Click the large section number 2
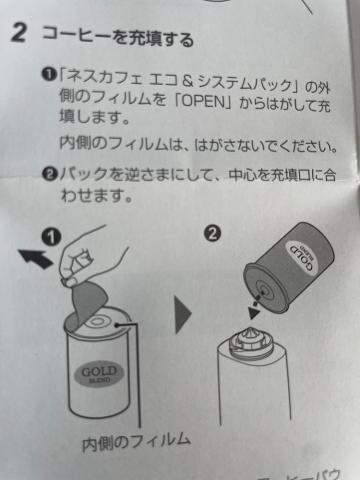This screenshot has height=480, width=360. tap(19, 33)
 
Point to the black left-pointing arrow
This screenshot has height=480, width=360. tap(35, 259)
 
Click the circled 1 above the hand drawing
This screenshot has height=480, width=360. tap(51, 237)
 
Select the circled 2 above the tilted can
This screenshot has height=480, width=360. tap(212, 233)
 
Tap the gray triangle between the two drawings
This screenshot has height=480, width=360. tap(183, 314)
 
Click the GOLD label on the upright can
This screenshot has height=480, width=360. tap(99, 373)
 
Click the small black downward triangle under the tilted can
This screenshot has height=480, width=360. tap(254, 313)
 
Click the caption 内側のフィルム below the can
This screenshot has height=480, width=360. tap(136, 442)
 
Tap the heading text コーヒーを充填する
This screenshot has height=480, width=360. tap(118, 38)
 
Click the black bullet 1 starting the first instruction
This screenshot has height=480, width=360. tap(49, 74)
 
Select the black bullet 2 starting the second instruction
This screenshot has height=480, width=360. tap(50, 174)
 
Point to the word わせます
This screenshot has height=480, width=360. tap(96, 195)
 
